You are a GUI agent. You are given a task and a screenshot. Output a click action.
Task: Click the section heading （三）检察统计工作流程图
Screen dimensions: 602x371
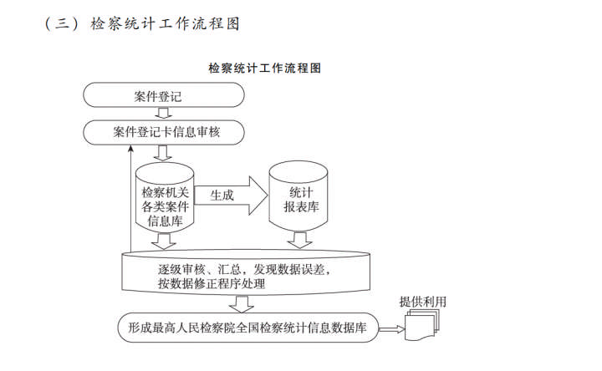click(x=142, y=23)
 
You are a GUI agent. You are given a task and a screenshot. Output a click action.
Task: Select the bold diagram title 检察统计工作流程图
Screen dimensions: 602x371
click(x=264, y=69)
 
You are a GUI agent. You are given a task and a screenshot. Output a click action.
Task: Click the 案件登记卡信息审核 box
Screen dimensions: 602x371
click(x=164, y=132)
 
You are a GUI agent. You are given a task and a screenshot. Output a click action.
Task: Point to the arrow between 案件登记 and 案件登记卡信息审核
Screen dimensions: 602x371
click(x=163, y=113)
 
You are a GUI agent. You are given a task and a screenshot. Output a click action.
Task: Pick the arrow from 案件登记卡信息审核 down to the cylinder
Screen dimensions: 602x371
click(x=163, y=153)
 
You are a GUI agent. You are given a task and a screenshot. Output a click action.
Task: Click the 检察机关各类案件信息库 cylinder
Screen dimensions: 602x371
click(x=165, y=198)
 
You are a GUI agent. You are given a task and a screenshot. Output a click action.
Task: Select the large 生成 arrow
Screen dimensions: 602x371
click(x=231, y=196)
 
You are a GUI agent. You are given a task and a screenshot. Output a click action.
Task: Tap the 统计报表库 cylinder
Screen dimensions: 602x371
click(x=298, y=196)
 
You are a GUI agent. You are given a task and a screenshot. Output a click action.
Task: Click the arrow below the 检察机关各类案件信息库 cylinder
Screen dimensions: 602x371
click(x=164, y=241)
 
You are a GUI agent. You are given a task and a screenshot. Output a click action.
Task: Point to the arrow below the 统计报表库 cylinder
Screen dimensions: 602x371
click(x=300, y=240)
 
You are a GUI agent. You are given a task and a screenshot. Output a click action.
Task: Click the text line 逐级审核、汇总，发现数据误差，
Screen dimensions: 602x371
click(x=244, y=269)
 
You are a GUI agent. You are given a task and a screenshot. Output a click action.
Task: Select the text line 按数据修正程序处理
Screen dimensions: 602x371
click(x=212, y=284)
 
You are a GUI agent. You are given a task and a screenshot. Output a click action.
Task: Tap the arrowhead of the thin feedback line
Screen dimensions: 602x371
click(x=131, y=148)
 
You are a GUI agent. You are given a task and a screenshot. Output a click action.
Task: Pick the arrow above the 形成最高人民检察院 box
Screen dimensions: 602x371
click(x=241, y=304)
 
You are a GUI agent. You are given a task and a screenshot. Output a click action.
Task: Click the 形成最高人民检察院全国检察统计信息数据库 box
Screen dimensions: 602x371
click(x=248, y=328)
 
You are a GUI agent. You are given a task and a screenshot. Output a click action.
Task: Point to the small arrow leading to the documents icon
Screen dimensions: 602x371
click(x=391, y=328)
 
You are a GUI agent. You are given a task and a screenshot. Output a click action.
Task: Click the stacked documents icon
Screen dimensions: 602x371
click(x=422, y=325)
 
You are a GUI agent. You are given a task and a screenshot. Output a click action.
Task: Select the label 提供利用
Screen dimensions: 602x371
click(x=423, y=302)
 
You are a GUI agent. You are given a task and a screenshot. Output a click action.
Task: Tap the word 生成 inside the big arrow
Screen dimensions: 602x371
click(x=222, y=196)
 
